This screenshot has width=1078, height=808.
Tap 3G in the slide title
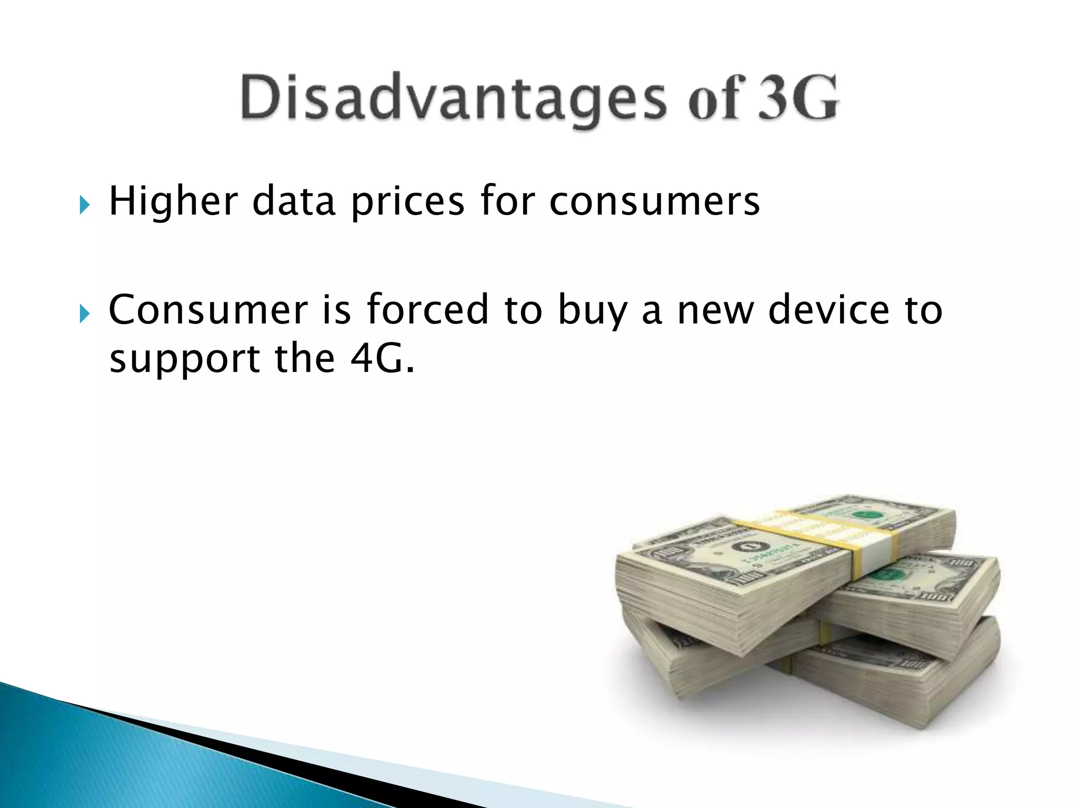click(797, 98)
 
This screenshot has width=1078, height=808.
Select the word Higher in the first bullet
click(174, 201)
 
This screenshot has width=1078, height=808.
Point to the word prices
click(408, 201)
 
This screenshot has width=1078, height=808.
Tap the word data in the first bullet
click(294, 201)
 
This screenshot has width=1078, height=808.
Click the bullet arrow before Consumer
click(84, 314)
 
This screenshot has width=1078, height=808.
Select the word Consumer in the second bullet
click(208, 310)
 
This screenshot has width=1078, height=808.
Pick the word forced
click(427, 310)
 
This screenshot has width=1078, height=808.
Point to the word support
click(184, 360)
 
